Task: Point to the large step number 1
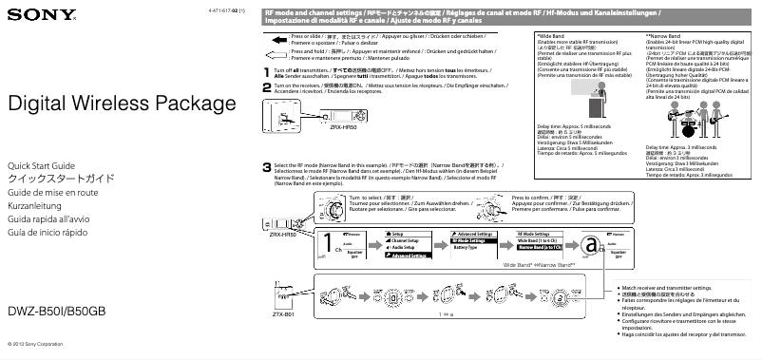(266, 71)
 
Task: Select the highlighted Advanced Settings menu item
(411, 255)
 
